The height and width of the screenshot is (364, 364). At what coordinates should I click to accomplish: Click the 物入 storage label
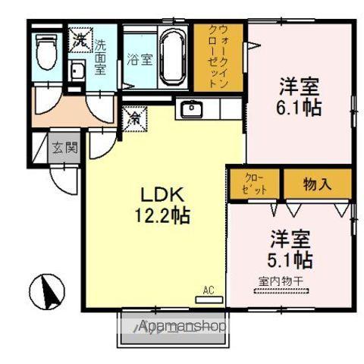[x=318, y=182]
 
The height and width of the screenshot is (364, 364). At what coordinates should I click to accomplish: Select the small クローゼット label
[x=255, y=183]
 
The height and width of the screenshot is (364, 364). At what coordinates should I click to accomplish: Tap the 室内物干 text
[x=281, y=281]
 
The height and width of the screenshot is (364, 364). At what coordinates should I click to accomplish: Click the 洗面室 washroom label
[x=99, y=55]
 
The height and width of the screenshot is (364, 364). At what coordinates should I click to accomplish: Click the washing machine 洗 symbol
[x=79, y=39]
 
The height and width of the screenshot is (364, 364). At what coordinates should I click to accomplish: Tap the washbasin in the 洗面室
[x=77, y=72]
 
